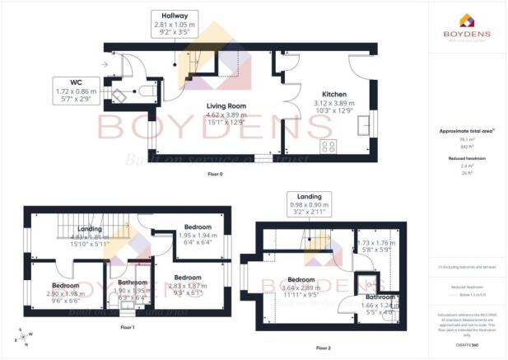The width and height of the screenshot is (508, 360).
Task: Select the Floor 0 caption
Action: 214,174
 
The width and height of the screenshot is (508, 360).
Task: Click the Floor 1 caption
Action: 127,327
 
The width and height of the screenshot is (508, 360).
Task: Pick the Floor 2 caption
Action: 324,348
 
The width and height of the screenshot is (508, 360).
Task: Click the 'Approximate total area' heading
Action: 466,131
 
